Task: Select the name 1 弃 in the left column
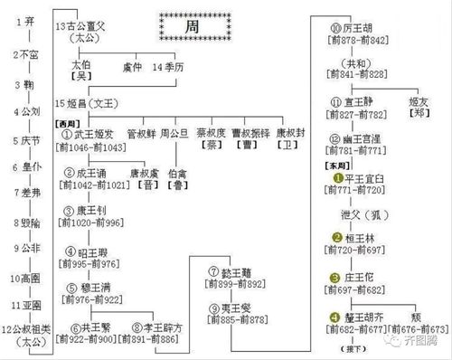(x=25, y=21)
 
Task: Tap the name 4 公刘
(x=27, y=111)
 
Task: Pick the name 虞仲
(x=132, y=67)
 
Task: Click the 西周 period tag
(x=68, y=122)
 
